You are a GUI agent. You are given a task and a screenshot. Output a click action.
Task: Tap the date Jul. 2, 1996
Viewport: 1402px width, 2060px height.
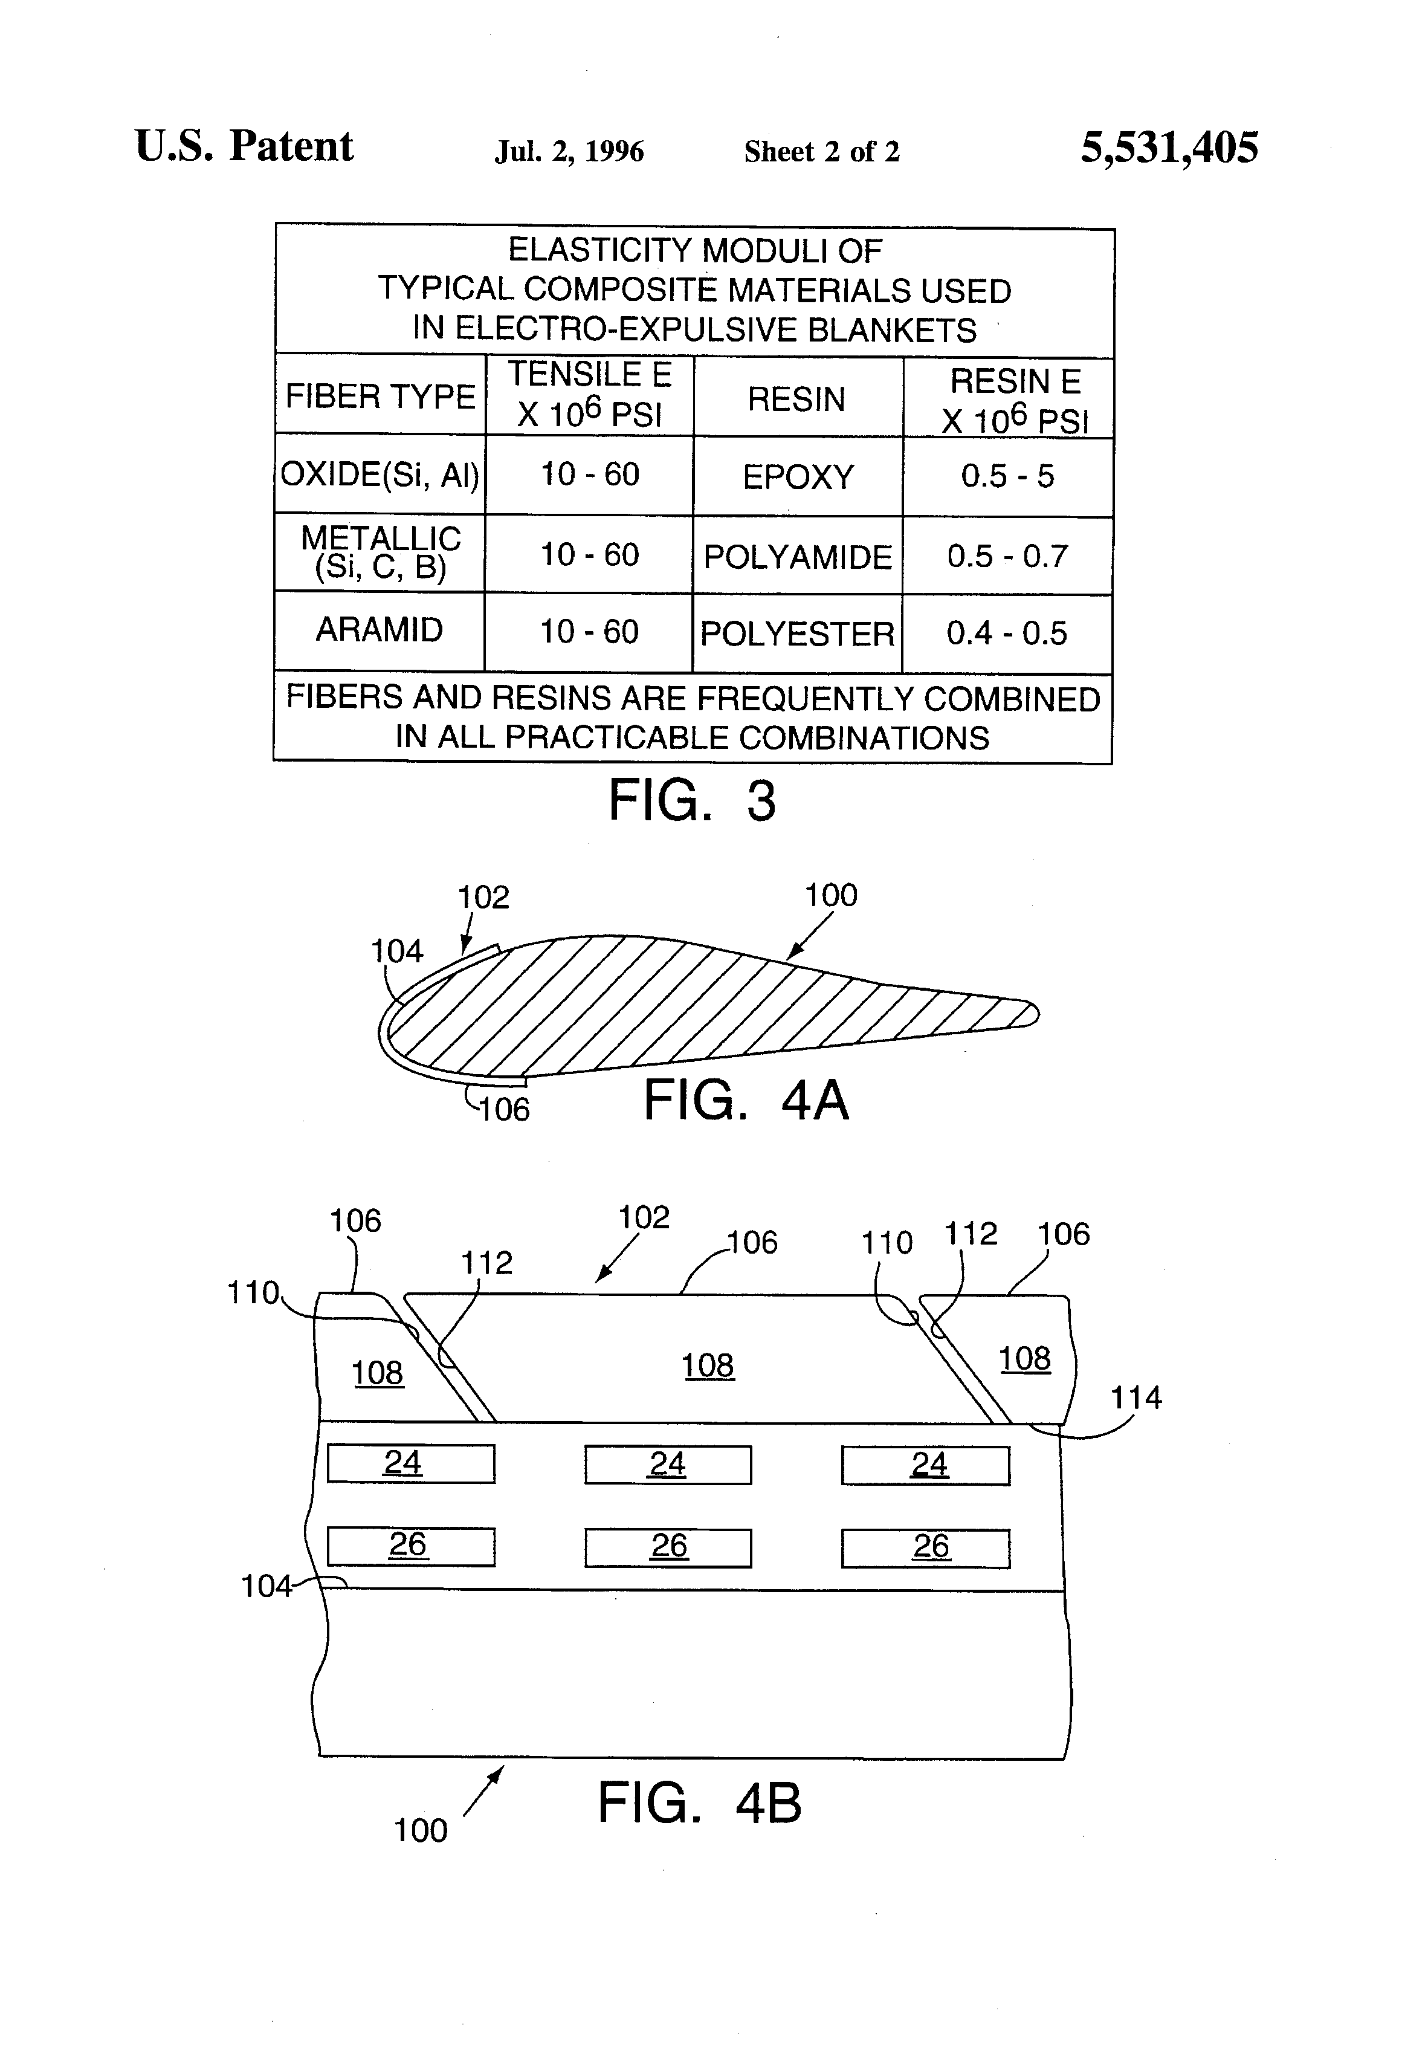pyautogui.click(x=569, y=152)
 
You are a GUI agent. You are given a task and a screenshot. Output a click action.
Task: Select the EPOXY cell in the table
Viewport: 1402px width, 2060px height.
pyautogui.click(x=798, y=477)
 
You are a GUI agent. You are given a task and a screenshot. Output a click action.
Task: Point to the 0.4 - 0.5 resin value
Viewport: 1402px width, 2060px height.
pyautogui.click(x=1007, y=633)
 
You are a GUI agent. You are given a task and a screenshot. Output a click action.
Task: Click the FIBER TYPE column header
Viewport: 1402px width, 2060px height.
pyautogui.click(x=380, y=395)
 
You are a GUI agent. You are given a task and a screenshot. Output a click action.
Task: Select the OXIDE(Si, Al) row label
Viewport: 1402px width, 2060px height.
pyautogui.click(x=380, y=475)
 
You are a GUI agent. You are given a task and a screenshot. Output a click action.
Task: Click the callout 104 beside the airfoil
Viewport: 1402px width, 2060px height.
pyautogui.click(x=396, y=951)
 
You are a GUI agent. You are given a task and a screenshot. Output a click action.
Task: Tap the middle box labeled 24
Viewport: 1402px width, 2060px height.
pyautogui.click(x=667, y=1465)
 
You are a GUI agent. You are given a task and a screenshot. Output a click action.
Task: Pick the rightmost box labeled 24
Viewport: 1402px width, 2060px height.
pyautogui.click(x=925, y=1465)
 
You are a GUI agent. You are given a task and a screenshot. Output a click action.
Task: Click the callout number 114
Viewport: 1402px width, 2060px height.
pyautogui.click(x=1135, y=1398)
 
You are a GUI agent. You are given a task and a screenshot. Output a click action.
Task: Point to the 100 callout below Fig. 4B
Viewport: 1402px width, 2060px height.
pyautogui.click(x=420, y=1830)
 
